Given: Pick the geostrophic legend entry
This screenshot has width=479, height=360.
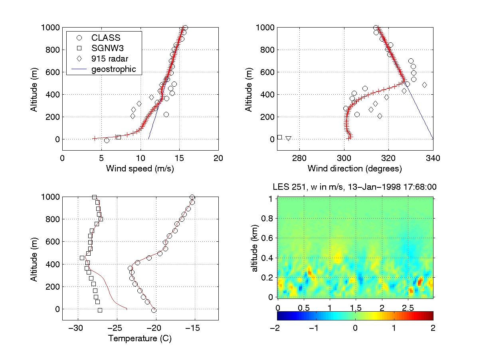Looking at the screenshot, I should (114, 69).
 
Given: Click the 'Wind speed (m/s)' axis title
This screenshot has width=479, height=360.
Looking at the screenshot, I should (140, 169).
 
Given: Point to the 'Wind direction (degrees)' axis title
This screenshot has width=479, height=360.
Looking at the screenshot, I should (355, 169).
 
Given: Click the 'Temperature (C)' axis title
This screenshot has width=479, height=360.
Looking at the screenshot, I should (140, 339).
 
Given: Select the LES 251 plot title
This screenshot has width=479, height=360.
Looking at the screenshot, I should (354, 187).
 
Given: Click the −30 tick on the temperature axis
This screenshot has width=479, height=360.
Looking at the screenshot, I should (76, 328).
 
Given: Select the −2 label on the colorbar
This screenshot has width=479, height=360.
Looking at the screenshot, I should (277, 328).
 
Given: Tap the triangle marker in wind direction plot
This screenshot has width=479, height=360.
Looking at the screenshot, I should (288, 139).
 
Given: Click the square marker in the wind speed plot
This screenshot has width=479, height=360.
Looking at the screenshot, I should (118, 137).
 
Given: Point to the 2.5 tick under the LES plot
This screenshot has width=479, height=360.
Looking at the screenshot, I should (408, 308).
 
